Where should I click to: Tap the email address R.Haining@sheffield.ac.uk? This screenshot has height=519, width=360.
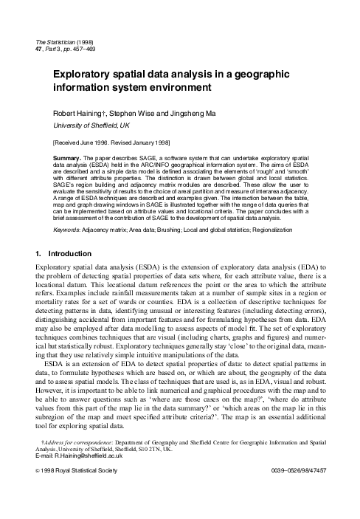pos(83,477)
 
